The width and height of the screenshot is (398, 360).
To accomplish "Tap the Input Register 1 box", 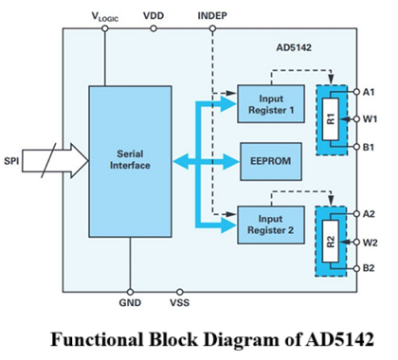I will click(266, 101).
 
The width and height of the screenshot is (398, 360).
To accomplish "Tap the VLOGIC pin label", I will click(105, 17).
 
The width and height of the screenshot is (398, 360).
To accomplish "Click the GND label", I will click(130, 305).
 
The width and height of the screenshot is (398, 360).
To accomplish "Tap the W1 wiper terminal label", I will click(373, 119).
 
